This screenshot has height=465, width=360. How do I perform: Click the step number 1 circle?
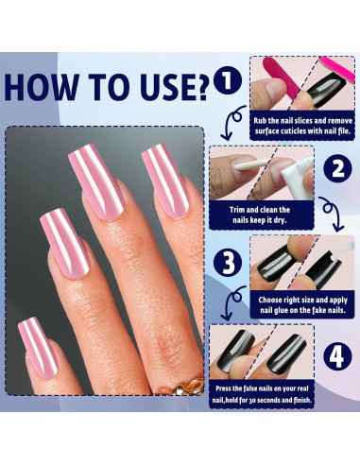[x=227, y=78]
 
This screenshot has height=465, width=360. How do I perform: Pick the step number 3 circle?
[x=227, y=262]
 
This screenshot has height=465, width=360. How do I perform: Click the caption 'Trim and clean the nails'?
[x=261, y=215]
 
